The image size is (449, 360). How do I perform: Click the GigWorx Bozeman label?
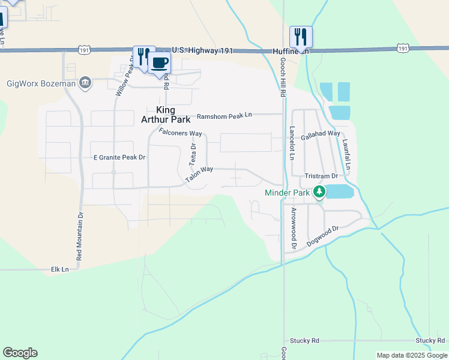pos(41,83)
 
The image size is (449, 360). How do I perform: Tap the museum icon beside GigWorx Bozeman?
pos(85,83)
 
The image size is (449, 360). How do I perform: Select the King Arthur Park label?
pos(173,115)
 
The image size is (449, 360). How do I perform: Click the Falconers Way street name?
pos(180,133)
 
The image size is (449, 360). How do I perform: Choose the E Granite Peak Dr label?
pos(119,157)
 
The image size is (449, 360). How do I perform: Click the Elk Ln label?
pos(60,269)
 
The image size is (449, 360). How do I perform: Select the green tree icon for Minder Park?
pos(321,193)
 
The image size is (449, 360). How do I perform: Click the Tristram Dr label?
pos(322,176)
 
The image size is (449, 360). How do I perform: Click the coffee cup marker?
pos(159,63)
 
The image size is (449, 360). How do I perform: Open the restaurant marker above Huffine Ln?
pos(301,37)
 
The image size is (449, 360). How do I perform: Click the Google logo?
pos(20,353)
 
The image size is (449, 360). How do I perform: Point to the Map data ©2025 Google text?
pos(411,355)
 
